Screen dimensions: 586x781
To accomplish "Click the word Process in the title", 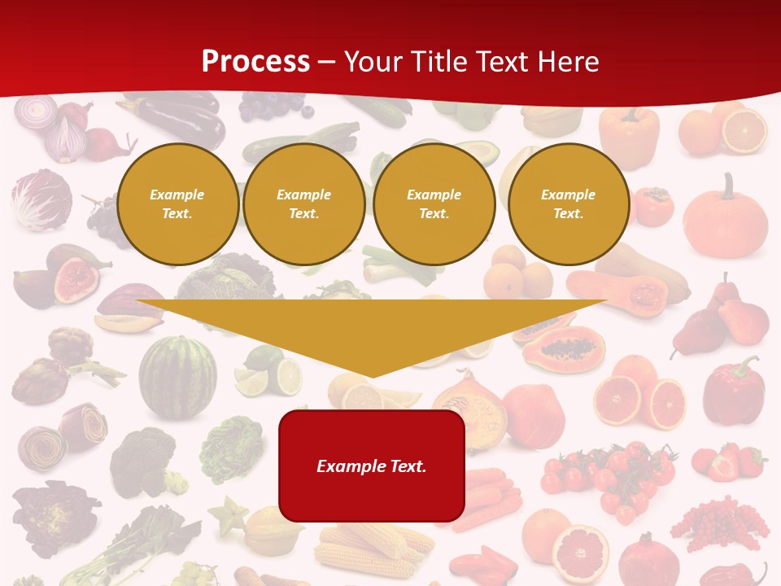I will click(255, 61).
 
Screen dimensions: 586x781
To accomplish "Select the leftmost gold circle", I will click(177, 203).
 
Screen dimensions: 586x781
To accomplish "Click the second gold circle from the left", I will click(303, 203).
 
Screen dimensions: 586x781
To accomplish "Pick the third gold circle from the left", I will click(434, 203).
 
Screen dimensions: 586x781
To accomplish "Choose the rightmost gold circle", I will click(568, 203).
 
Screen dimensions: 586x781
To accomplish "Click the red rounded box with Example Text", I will click(372, 466).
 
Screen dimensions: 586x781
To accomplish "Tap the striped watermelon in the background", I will click(177, 377).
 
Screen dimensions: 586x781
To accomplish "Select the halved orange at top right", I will click(744, 131).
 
